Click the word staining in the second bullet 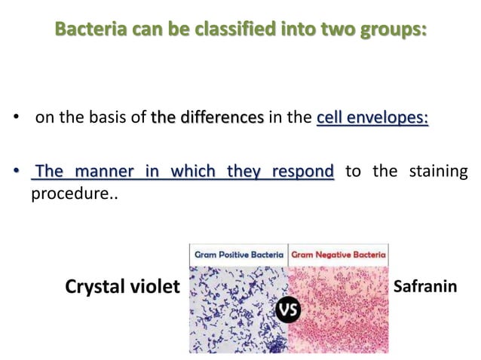[x=438, y=172]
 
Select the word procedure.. [x=62, y=194]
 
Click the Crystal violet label [x=122, y=287]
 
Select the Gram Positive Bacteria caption [x=238, y=255]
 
